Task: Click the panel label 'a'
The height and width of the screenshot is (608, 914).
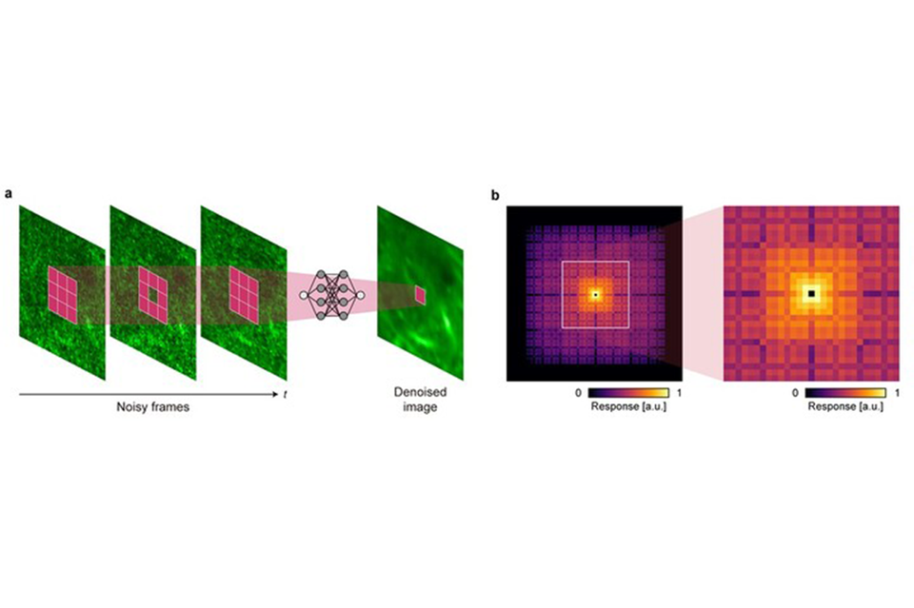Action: click(10, 194)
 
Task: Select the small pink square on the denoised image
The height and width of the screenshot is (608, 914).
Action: click(420, 296)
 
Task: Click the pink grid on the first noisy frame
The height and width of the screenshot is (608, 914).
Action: click(65, 293)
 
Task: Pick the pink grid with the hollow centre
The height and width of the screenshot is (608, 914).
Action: click(153, 293)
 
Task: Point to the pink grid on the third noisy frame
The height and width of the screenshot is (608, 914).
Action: click(244, 293)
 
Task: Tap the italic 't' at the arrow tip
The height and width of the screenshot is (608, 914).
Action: click(285, 394)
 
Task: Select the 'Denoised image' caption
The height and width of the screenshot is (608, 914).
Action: click(420, 400)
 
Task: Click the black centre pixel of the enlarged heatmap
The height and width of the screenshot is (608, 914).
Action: click(811, 294)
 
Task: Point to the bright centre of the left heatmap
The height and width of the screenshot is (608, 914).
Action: click(595, 294)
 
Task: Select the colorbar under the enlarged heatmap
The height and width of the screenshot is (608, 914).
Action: click(845, 392)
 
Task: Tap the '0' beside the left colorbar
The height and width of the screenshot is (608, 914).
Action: click(578, 392)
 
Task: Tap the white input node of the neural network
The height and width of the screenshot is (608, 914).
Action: click(305, 296)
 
